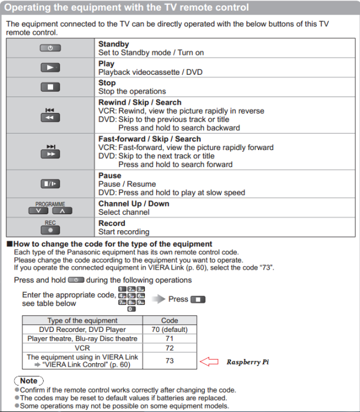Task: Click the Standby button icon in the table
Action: coord(50,48)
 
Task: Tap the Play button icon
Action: coord(50,68)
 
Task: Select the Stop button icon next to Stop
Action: coord(50,87)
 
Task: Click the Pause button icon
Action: coord(50,184)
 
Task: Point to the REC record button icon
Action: coord(50,231)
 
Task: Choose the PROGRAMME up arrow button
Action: coord(61,211)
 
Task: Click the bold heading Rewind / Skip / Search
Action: coord(140,102)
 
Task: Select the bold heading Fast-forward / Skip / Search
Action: coord(149,139)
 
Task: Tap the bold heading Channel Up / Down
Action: coord(133,204)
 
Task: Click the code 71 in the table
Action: coord(169,339)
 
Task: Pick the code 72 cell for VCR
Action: coord(169,348)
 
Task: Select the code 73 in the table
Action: coord(169,361)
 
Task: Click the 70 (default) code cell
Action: coord(169,330)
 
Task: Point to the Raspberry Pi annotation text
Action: coord(247,362)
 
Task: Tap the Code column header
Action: coord(169,321)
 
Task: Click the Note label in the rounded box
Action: coord(28,381)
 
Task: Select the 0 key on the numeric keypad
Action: coord(131,309)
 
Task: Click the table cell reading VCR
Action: coord(82,348)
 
